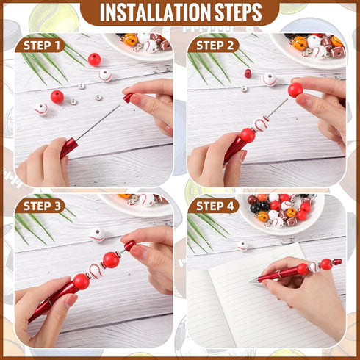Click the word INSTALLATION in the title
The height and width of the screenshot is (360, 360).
(150, 12)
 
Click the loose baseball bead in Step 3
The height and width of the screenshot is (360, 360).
(97, 234)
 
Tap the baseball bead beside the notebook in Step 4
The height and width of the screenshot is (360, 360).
(242, 246)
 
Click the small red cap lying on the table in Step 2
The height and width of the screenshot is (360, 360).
(248, 73)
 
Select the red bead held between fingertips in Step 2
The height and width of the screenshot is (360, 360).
(295, 90)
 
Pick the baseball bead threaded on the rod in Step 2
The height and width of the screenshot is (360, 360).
(262, 124)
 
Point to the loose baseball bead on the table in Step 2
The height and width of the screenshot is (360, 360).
(270, 78)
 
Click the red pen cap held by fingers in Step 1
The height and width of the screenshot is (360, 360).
(129, 96)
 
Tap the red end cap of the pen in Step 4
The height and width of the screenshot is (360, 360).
(336, 262)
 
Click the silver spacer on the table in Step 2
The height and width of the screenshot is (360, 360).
(245, 89)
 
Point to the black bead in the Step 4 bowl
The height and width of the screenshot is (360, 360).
(256, 209)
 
